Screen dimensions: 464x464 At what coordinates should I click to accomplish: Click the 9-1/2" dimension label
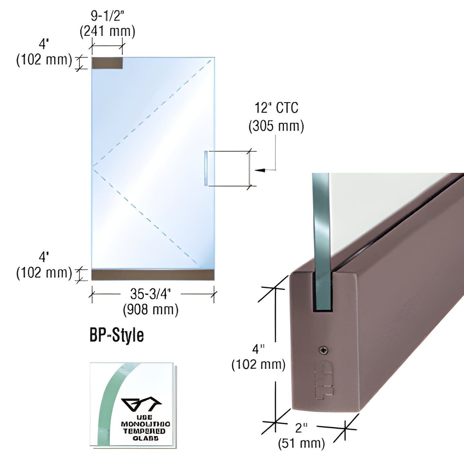click(x=107, y=16)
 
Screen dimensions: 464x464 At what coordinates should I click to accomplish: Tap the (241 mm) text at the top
click(x=107, y=31)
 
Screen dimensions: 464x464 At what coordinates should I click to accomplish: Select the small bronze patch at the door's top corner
click(x=107, y=63)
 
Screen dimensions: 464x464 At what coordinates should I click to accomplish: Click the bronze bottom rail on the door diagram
click(x=153, y=275)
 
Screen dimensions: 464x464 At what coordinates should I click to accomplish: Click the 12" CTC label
click(x=276, y=108)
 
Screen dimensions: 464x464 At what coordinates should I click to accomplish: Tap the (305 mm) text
click(x=276, y=126)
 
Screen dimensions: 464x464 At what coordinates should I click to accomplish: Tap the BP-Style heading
click(x=117, y=335)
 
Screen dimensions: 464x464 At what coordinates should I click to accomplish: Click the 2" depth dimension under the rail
click(x=301, y=428)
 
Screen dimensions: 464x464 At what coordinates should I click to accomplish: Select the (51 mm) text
click(x=301, y=443)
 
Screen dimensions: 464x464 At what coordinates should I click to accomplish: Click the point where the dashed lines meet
click(x=93, y=166)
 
